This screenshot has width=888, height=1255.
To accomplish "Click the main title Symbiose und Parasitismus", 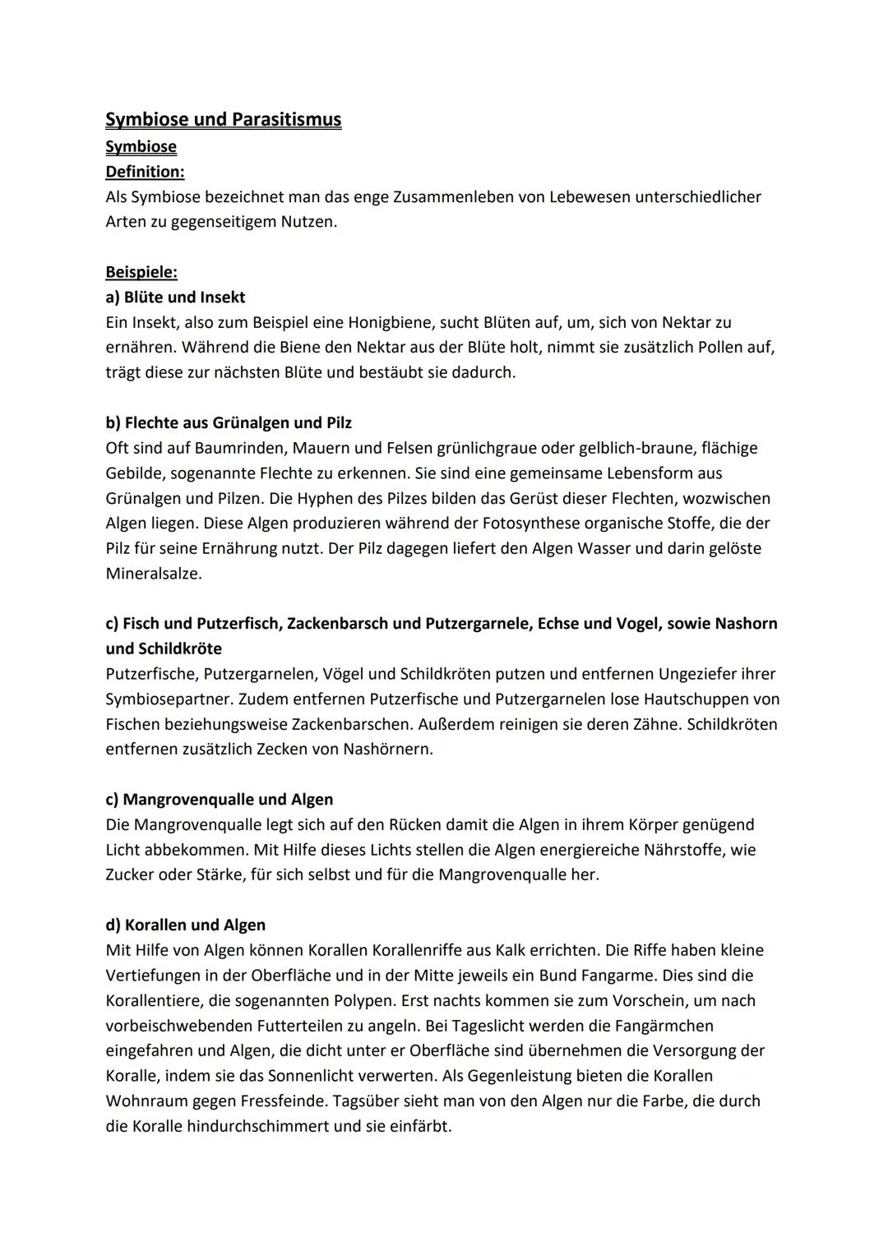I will tap(223, 120).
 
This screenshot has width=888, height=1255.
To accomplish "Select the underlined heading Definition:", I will tap(145, 172).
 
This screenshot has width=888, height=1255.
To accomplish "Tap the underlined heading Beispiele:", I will tap(141, 272).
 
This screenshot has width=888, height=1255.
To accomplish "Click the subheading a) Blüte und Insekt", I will tap(175, 297).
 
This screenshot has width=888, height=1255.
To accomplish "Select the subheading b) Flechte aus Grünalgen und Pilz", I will tap(229, 422).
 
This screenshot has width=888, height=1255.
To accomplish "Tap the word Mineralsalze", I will tap(153, 574).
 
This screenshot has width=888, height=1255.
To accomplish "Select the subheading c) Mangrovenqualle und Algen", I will tap(219, 800).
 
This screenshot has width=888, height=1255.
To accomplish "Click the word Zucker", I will tap(130, 874).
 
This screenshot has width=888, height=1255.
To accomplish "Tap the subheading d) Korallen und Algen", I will tap(185, 925).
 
